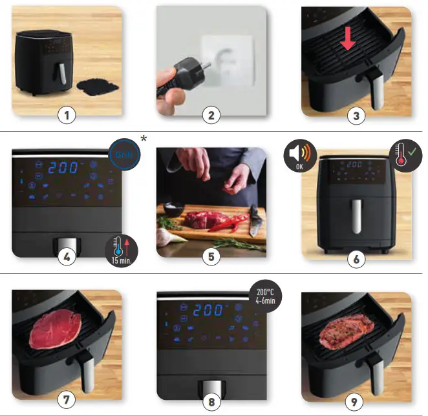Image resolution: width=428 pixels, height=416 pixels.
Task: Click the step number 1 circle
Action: point(67,116)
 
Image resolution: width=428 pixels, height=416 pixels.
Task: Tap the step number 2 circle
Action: point(211,116)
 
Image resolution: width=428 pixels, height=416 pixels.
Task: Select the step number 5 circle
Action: point(211,256)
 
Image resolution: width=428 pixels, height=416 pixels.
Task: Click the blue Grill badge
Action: point(124,155)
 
